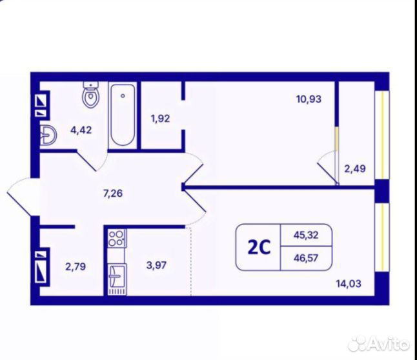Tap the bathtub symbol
(123, 115)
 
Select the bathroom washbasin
(48, 135)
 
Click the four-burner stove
(117, 238)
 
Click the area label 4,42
(81, 130)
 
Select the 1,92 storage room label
(160, 119)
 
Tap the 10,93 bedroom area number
(309, 99)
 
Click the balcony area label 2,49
(355, 168)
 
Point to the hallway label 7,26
(113, 193)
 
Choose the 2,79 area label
(76, 266)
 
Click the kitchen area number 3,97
(156, 265)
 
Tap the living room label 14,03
(349, 284)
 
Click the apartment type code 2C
(259, 248)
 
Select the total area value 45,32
(306, 235)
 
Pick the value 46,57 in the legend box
(306, 258)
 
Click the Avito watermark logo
(379, 343)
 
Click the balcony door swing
(328, 168)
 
